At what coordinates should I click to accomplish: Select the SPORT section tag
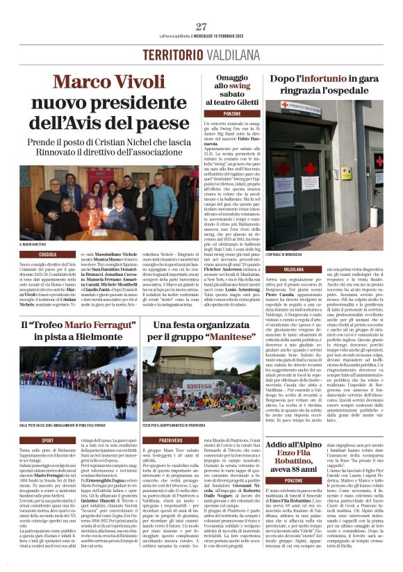click(47, 440)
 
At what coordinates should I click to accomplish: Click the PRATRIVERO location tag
click(170, 440)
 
